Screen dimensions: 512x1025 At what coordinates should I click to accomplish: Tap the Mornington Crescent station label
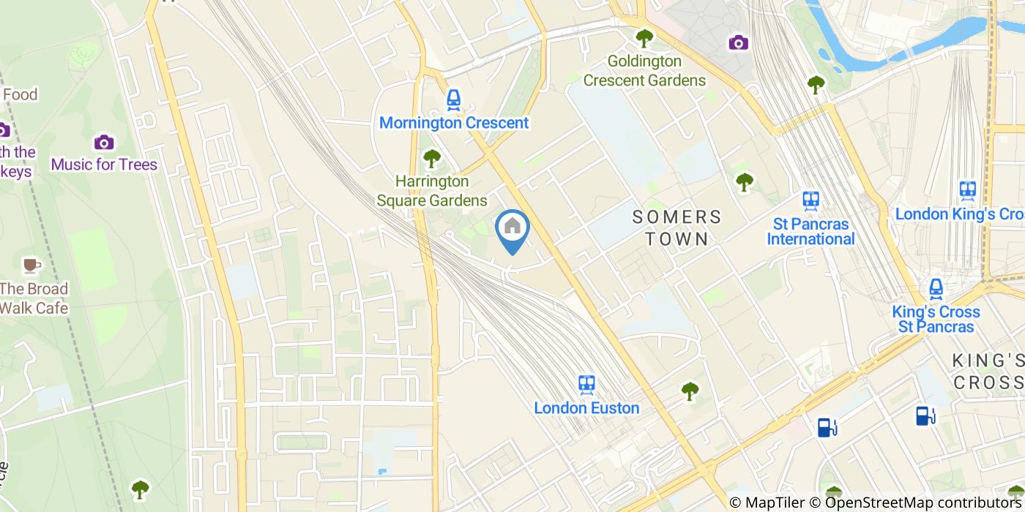tap(454, 123)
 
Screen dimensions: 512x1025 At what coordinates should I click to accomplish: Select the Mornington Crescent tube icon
tap(454, 99)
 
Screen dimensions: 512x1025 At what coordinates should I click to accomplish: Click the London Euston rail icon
tap(586, 384)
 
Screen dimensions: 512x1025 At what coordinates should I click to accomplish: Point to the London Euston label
tap(586, 408)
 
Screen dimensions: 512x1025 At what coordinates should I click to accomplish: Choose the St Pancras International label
tap(810, 231)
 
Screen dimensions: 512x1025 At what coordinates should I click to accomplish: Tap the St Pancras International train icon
tap(810, 199)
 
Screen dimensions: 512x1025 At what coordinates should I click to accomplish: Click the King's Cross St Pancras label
tap(936, 319)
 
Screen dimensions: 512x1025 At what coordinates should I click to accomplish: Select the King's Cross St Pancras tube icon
tap(936, 289)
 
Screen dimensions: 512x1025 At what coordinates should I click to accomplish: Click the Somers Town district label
tap(676, 227)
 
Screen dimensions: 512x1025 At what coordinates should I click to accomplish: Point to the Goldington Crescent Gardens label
tap(644, 71)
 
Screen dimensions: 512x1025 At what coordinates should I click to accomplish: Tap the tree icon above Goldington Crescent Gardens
tap(644, 37)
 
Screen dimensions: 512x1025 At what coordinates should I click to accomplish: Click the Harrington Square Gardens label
tap(432, 190)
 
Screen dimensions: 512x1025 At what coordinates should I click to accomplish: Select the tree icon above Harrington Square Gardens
tap(432, 157)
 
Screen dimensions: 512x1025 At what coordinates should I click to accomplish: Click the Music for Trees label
tap(104, 165)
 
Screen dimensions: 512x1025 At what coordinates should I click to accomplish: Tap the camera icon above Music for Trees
tap(104, 141)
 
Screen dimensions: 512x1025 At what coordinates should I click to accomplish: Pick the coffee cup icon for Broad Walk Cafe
tap(30, 265)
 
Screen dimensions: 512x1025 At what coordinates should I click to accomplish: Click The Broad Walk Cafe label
tap(34, 298)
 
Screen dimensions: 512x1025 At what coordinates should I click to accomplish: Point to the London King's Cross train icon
tap(968, 190)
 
